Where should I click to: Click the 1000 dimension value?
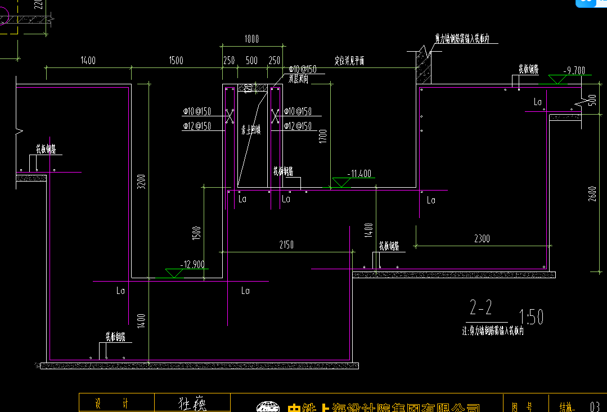(x=251, y=39)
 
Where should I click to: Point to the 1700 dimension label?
(x=322, y=136)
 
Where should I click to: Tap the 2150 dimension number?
(x=286, y=245)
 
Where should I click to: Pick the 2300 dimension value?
(x=482, y=238)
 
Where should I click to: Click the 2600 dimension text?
(x=592, y=193)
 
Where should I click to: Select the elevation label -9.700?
(x=575, y=70)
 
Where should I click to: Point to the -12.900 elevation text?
(x=192, y=264)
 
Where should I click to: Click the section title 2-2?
(x=481, y=307)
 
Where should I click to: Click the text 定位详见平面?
(x=349, y=61)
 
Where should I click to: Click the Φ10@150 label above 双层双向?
(x=302, y=69)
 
